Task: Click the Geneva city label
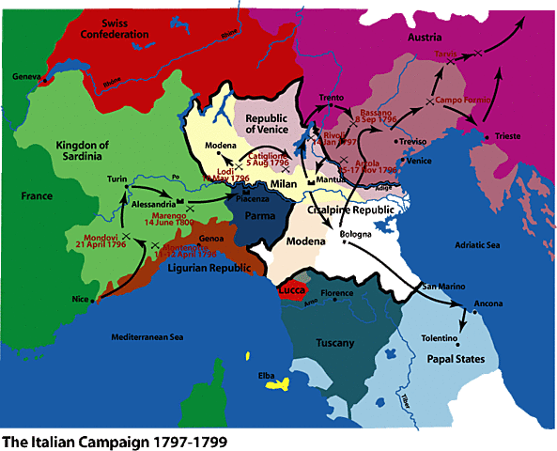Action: (x=29, y=76)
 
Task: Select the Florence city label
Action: (x=337, y=293)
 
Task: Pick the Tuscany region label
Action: (x=334, y=342)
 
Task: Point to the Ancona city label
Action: (x=487, y=303)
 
